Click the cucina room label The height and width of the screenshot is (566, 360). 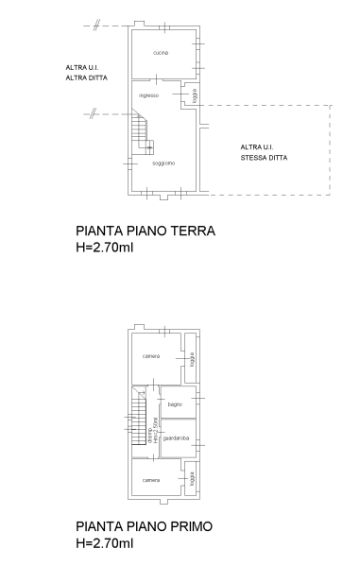[160, 53]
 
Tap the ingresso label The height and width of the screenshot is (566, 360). [148, 95]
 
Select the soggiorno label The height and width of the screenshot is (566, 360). [163, 164]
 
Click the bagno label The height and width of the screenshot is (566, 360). [175, 404]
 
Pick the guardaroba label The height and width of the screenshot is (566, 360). [177, 437]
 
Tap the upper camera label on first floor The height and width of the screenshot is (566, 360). [151, 355]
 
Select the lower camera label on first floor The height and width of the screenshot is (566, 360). [151, 481]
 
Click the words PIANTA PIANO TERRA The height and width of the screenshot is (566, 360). [146, 231]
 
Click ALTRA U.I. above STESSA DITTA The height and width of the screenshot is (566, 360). [257, 147]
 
